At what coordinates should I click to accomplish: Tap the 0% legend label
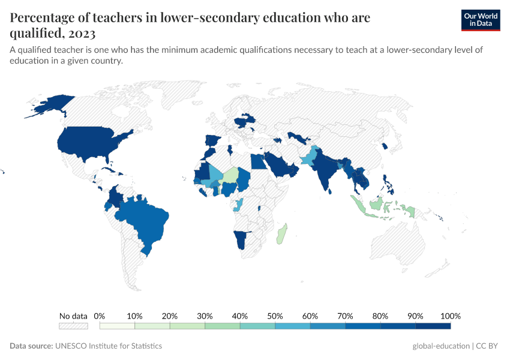point(100,316)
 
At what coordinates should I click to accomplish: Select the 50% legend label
point(275,316)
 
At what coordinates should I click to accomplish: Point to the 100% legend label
point(450,316)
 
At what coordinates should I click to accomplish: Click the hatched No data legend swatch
point(73,326)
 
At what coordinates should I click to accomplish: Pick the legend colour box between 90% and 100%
point(433,326)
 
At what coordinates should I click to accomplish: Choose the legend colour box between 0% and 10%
point(117,326)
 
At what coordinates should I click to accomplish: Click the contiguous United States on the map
point(90,144)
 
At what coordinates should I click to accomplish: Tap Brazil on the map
point(144,222)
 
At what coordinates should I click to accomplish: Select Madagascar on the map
point(281,234)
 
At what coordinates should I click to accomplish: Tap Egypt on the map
point(256,161)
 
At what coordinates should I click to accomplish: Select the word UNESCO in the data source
point(70,346)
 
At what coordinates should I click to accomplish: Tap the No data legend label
point(73,316)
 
